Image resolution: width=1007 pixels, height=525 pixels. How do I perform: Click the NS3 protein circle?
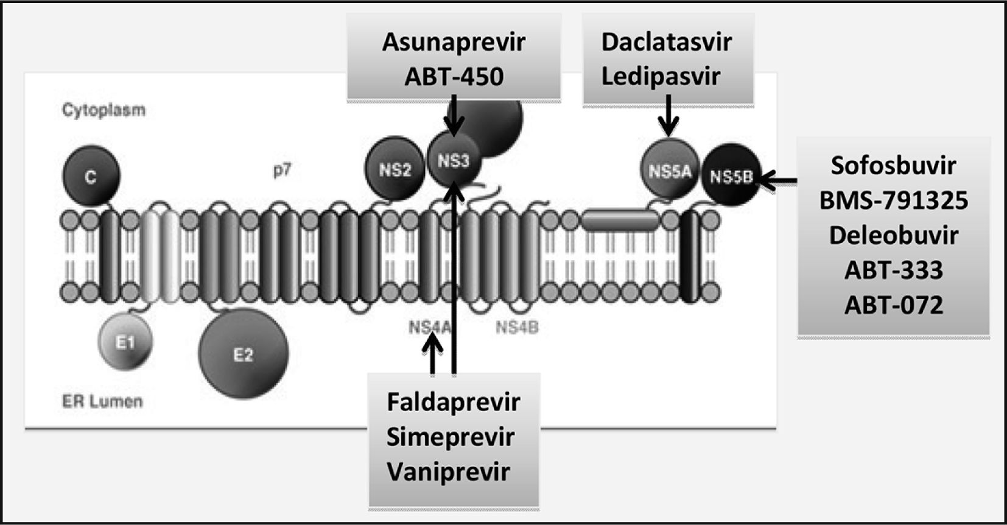point(454,161)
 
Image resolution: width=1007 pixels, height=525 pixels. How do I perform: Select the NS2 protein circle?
point(395,169)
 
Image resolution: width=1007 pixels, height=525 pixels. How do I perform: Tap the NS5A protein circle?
point(669,170)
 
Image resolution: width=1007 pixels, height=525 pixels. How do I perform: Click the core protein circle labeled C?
point(91,176)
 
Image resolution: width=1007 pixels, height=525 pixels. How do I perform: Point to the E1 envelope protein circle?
point(125,342)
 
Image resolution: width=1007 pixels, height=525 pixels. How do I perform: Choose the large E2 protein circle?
point(243,353)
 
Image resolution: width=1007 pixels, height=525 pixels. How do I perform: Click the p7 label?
point(282,170)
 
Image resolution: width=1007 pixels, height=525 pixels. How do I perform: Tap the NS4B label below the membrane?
point(517,328)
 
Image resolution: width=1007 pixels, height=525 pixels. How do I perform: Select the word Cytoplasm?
point(104,110)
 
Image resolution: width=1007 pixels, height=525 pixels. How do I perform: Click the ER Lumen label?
point(102,401)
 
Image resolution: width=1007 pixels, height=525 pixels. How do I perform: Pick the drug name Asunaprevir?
point(454,42)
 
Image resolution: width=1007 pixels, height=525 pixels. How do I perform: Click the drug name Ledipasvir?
point(661,76)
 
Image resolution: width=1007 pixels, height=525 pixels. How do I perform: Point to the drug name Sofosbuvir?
point(893,165)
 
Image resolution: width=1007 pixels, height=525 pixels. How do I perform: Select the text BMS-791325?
point(893,200)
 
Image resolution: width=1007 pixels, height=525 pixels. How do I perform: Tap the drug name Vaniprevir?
point(448,472)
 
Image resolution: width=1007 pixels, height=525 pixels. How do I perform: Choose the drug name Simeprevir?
point(450,437)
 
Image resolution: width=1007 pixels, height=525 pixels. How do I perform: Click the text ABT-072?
point(893,305)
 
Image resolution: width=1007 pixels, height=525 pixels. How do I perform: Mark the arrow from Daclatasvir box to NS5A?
point(668,116)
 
